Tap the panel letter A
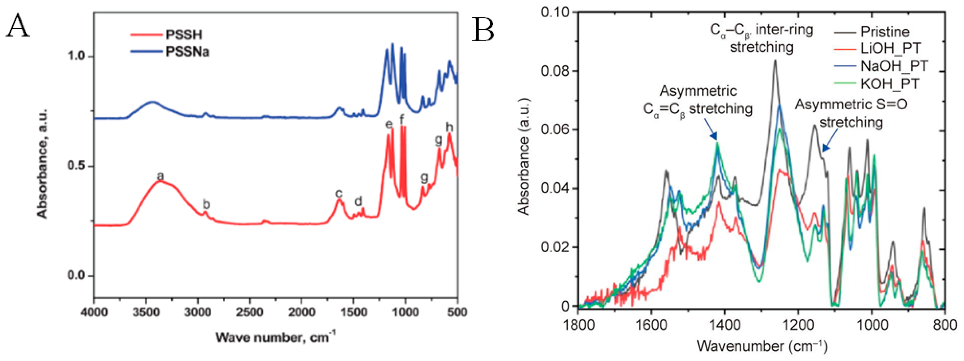click(17, 25)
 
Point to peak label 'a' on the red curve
click(160, 175)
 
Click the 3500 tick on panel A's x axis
click(146, 312)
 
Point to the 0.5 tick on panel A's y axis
click(77, 166)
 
